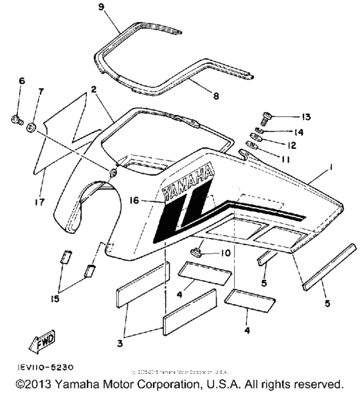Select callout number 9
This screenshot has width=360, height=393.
[x=100, y=7]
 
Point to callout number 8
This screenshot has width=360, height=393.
[x=215, y=96]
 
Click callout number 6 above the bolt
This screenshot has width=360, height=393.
[x=21, y=81]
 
